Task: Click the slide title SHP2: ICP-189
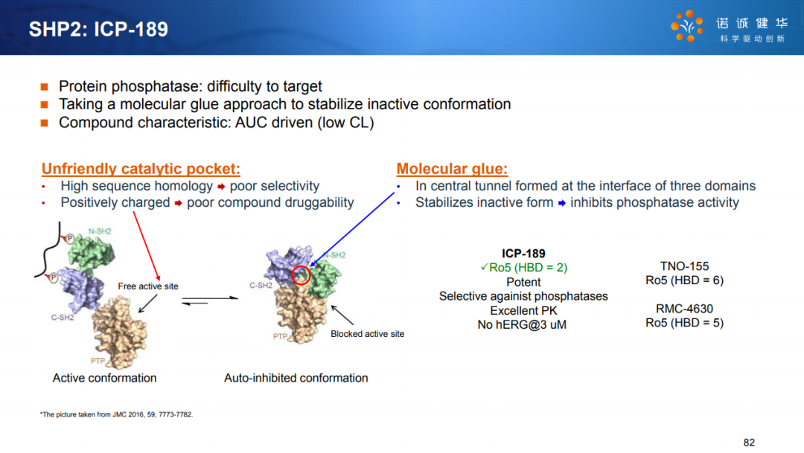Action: (98, 29)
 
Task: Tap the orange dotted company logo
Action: (687, 25)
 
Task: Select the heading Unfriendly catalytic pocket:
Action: (141, 169)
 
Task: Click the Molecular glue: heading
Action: (452, 169)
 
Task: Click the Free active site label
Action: (148, 286)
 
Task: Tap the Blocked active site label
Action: (367, 334)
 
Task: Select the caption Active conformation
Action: (105, 378)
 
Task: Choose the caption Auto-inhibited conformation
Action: (296, 378)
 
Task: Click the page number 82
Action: (749, 443)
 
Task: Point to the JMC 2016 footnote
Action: (116, 414)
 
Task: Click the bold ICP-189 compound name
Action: (523, 254)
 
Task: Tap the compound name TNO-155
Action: (685, 266)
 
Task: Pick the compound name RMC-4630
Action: (685, 309)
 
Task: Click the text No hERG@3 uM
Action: (522, 325)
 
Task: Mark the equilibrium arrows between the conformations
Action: (210, 301)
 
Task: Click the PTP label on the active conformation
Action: (98, 361)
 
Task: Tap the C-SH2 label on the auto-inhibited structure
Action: (261, 286)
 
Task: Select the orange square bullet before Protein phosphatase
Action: (45, 86)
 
